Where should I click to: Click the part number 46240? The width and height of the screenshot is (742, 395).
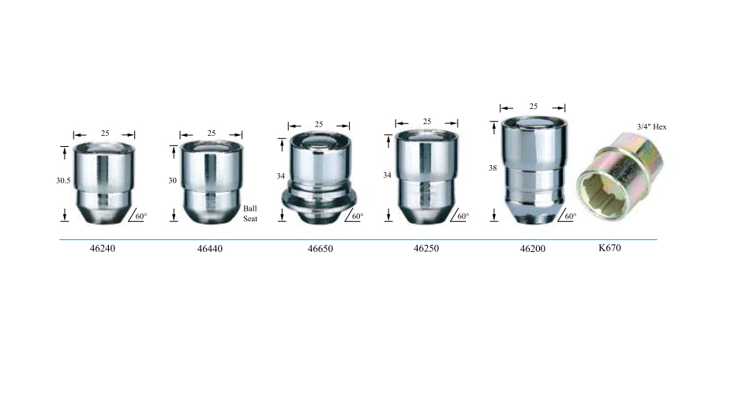click(x=103, y=248)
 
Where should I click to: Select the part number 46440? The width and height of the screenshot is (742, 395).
click(x=210, y=249)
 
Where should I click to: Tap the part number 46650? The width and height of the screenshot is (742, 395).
click(x=320, y=249)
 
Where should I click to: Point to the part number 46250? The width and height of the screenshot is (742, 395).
click(x=426, y=248)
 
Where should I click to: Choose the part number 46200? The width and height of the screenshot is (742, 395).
click(x=533, y=249)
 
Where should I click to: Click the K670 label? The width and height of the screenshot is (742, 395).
click(x=609, y=248)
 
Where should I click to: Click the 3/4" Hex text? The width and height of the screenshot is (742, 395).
click(x=651, y=126)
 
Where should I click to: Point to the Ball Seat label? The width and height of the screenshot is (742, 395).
click(x=250, y=213)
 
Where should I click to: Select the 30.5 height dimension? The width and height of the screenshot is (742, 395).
click(x=63, y=180)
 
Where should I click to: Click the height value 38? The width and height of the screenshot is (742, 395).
click(x=493, y=168)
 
